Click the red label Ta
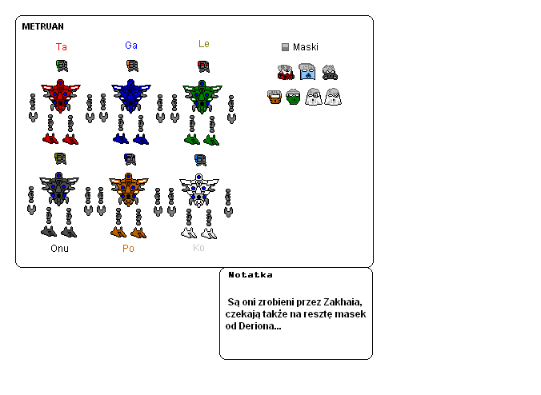61,47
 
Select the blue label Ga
131,46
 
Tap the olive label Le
203,44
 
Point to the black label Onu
59,248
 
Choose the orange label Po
128,248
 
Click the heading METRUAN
42,26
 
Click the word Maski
305,47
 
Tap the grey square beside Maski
285,47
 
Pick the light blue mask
307,73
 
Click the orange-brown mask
274,98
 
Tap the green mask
293,98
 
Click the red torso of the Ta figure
58,96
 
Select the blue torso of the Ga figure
130,96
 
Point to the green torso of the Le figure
201,96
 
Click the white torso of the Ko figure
198,190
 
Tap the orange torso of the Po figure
128,190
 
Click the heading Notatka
250,275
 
